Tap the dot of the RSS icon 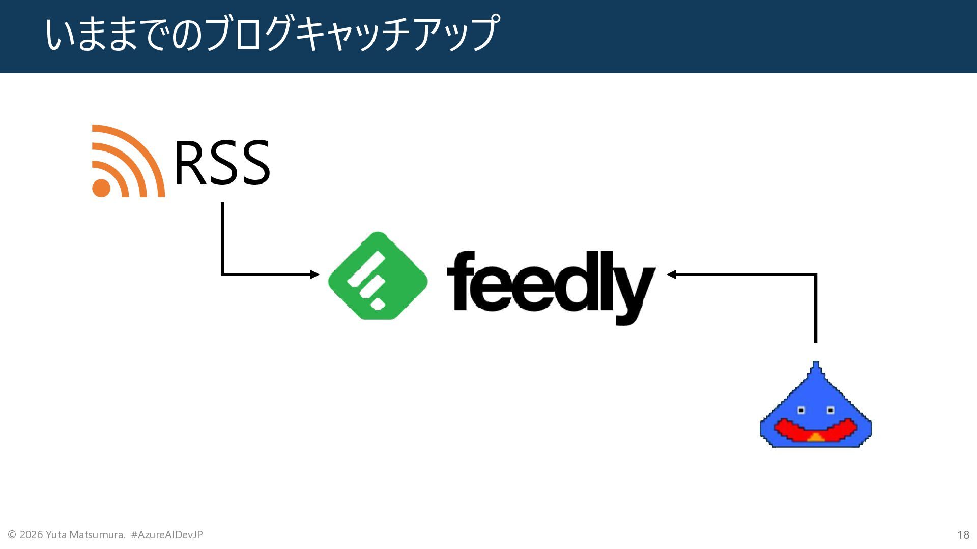click(101, 188)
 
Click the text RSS click(222, 163)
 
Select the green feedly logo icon click(378, 276)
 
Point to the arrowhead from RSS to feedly click(315, 274)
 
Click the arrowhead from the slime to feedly click(671, 274)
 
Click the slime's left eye click(801, 410)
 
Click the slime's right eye click(830, 410)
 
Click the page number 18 click(963, 535)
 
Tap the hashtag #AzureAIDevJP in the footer click(167, 535)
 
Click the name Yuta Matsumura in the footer click(85, 535)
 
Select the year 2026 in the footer click(31, 535)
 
